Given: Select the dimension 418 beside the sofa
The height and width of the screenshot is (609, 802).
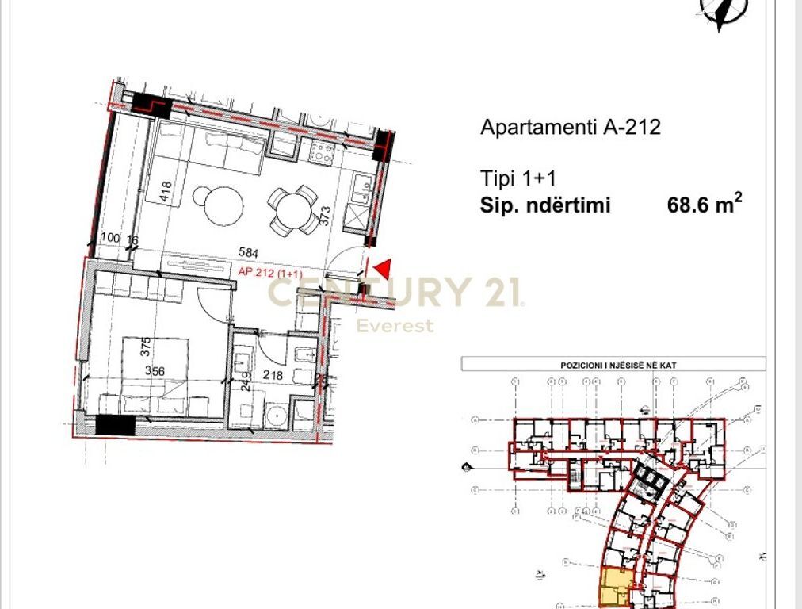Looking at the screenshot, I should pyautogui.click(x=166, y=193).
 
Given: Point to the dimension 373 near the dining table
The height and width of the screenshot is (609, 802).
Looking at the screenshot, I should pyautogui.click(x=324, y=215).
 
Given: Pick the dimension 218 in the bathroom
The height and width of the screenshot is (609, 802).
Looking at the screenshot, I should pyautogui.click(x=273, y=376).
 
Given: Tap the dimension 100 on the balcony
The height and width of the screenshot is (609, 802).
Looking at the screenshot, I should pyautogui.click(x=110, y=238).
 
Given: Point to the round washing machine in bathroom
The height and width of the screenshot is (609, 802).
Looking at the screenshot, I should pyautogui.click(x=276, y=414).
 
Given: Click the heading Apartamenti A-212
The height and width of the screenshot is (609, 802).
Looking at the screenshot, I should pyautogui.click(x=570, y=127).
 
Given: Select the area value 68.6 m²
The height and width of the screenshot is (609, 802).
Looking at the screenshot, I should pyautogui.click(x=705, y=205).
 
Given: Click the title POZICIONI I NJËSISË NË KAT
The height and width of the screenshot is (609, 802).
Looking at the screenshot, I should pyautogui.click(x=613, y=365).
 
